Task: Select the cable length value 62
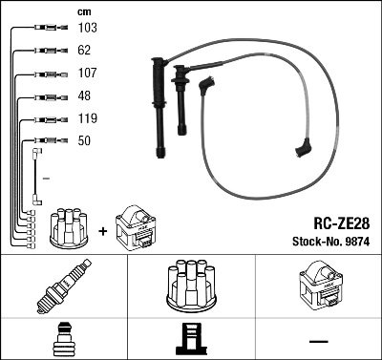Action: (83, 52)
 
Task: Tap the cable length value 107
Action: (86, 74)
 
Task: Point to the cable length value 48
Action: (83, 96)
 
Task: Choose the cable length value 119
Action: (86, 119)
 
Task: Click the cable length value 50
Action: (83, 141)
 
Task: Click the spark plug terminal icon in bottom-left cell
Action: (63, 340)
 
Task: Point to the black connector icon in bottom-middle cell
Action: (190, 340)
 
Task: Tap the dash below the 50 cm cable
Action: (45, 178)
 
